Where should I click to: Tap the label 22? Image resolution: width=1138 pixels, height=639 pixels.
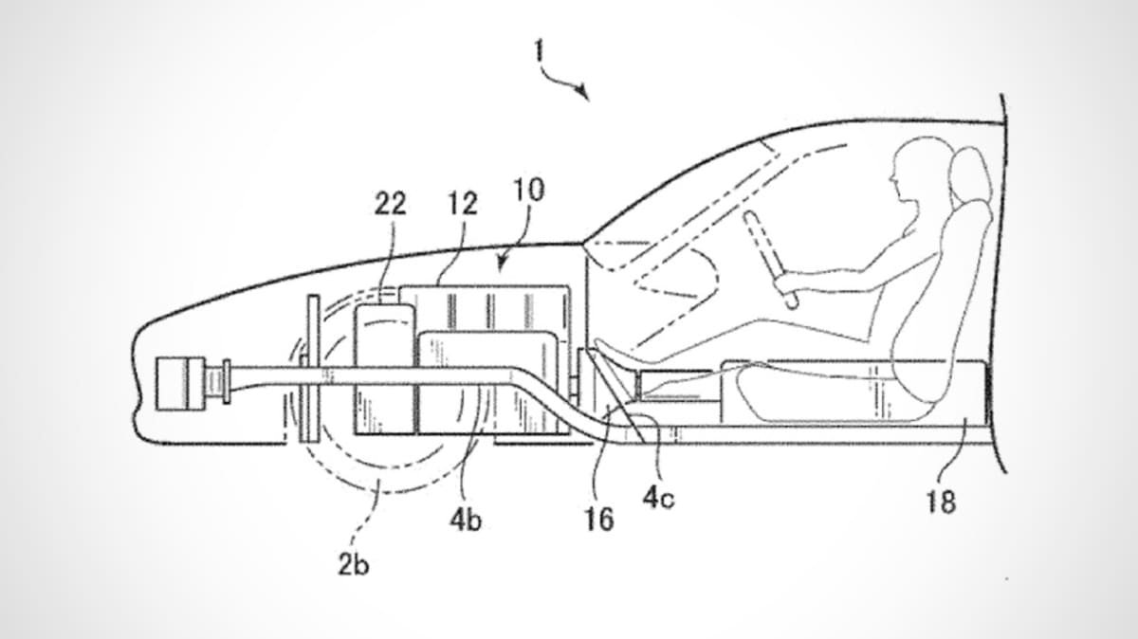[x=390, y=204]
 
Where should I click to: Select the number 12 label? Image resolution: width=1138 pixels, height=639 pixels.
[x=463, y=204]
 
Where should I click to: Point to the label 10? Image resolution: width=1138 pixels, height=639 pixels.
[x=529, y=190]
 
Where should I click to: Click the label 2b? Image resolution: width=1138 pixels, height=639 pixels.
[x=354, y=564]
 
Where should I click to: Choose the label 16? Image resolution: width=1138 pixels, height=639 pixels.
[x=599, y=520]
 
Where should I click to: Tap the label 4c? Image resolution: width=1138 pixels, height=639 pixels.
[x=659, y=498]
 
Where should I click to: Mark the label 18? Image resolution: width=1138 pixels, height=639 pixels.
[x=942, y=502]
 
